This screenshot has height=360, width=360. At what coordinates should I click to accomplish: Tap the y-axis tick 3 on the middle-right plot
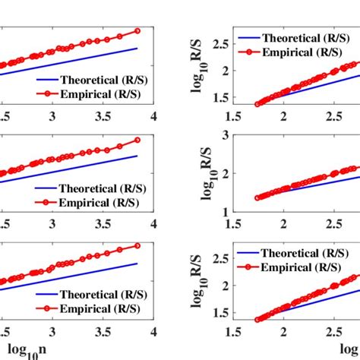[226, 135]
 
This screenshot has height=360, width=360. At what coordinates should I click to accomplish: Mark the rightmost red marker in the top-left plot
[137, 31]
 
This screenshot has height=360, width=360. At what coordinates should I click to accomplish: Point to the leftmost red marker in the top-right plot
[256, 103]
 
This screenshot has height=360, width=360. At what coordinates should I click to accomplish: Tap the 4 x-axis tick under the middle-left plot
[154, 224]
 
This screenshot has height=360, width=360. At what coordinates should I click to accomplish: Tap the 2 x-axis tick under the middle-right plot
[284, 224]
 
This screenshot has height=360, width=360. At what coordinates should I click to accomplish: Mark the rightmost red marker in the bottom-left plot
[137, 245]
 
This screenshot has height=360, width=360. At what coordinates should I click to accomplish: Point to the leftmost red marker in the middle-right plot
[256, 197]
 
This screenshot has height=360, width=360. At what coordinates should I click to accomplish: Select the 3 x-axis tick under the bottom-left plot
[52, 332]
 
